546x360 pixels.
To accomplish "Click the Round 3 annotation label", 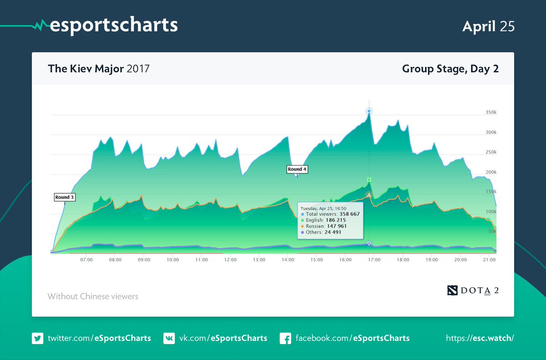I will pyautogui.click(x=64, y=198).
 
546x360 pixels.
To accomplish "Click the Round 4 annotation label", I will pyautogui.click(x=297, y=169).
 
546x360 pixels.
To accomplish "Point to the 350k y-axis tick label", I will pyautogui.click(x=490, y=112).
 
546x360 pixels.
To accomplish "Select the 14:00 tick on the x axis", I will pyautogui.click(x=288, y=260).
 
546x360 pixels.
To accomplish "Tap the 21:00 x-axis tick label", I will pyautogui.click(x=489, y=260).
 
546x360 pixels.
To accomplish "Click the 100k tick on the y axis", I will pyautogui.click(x=490, y=212).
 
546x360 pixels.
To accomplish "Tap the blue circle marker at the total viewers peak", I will pyautogui.click(x=369, y=111).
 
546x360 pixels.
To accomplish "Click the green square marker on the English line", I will pyautogui.click(x=369, y=180).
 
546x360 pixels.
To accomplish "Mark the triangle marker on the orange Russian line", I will pyautogui.click(x=369, y=195).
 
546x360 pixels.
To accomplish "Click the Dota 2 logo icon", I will pyautogui.click(x=453, y=290).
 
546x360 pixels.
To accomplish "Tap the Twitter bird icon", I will pyautogui.click(x=37, y=338).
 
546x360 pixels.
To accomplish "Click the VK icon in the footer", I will pyautogui.click(x=169, y=338).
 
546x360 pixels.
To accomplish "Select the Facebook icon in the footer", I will pyautogui.click(x=285, y=338).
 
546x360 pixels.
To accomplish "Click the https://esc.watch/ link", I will pyautogui.click(x=480, y=338).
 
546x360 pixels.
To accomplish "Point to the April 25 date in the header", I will pyautogui.click(x=488, y=26).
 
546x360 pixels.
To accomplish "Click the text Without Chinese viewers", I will pyautogui.click(x=93, y=297).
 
